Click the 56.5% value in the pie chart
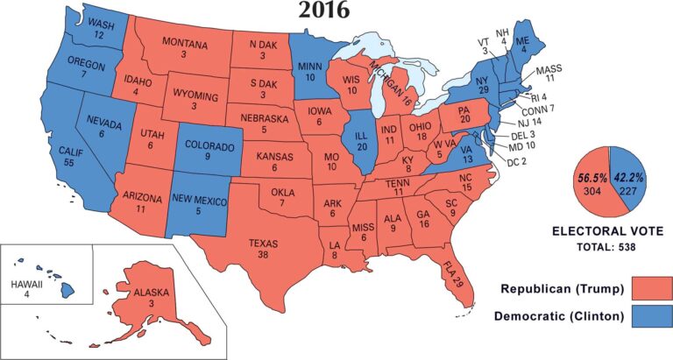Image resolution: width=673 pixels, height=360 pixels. point(591,177)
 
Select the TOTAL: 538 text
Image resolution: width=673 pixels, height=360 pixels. point(601,248)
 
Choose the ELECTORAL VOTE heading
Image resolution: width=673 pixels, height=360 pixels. point(601,231)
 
